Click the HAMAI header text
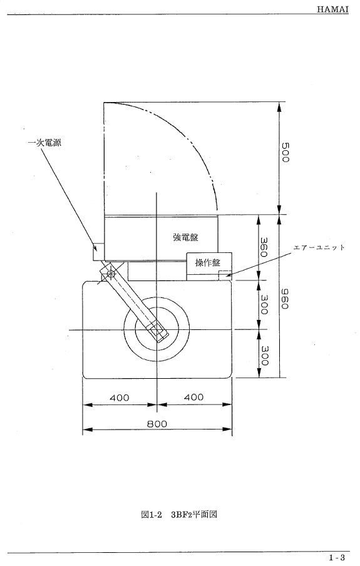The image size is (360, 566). coord(332,9)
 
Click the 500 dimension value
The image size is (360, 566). coord(285,152)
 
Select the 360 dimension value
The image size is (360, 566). coord(264,247)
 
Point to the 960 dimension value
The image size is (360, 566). coord(285,299)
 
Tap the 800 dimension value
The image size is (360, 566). coord(157,423)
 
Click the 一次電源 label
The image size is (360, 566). coord(44,143)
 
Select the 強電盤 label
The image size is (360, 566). coord(185,237)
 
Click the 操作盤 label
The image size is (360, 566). coord(208,262)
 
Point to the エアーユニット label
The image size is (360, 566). coord(319,247)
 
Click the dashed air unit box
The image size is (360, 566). coord(225,275)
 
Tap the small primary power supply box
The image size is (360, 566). coord(98,252)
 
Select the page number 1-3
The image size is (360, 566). coord(337,558)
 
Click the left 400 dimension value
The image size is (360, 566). coord(120,398)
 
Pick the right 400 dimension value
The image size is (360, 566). coord(194,397)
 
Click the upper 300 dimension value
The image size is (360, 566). coord(264,304)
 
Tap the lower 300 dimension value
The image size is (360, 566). coord(264,356)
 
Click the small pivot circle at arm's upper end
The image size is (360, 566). coord(111,274)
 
